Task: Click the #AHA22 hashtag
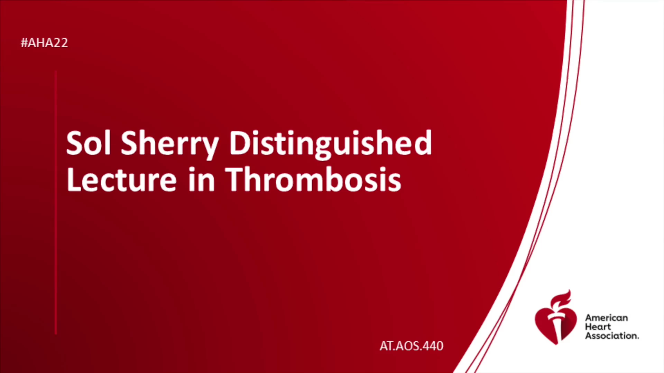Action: [44, 43]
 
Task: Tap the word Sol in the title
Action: [89, 142]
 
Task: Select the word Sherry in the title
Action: [170, 145]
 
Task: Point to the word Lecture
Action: [121, 179]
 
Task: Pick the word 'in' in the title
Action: [201, 179]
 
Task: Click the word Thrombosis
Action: [313, 179]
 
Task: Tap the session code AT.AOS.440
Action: [411, 346]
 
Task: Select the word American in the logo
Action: [606, 318]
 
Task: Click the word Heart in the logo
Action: [598, 327]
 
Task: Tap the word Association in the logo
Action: [612, 336]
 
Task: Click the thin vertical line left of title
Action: [56, 203]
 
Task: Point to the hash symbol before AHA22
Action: [24, 43]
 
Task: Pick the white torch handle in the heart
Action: [556, 326]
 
